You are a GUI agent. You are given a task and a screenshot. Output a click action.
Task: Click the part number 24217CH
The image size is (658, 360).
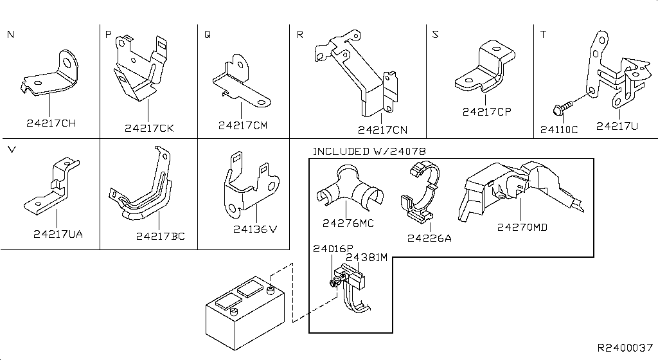pyautogui.click(x=51, y=123)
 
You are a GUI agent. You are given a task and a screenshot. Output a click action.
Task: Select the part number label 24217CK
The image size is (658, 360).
pyautogui.click(x=149, y=128)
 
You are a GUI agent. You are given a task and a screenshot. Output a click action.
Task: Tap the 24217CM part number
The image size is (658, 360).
pyautogui.click(x=242, y=125)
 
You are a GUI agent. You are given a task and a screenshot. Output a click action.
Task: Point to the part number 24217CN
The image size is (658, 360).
pyautogui.click(x=382, y=130)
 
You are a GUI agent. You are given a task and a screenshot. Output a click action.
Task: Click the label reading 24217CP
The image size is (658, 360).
pyautogui.click(x=486, y=112)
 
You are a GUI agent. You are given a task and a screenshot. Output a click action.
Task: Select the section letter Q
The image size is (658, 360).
pyautogui.click(x=207, y=35)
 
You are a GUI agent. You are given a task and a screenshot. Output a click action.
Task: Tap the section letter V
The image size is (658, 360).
pyautogui.click(x=11, y=150)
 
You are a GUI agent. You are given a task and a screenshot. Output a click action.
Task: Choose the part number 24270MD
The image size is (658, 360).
pyautogui.click(x=522, y=226)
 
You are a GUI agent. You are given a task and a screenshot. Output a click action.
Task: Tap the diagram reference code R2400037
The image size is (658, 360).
pyautogui.click(x=625, y=347)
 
